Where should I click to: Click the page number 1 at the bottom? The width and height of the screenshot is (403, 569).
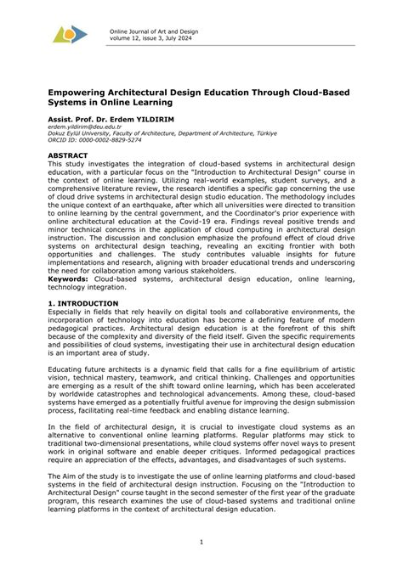201,541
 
